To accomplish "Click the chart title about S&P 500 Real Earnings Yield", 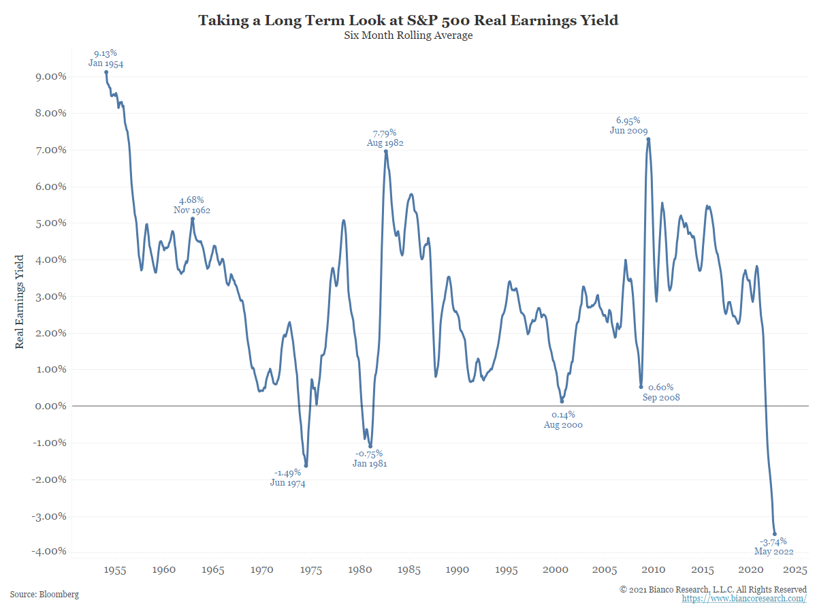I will tap(408, 20).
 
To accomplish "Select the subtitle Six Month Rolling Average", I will tap(408, 36).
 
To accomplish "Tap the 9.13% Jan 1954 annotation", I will tap(106, 58).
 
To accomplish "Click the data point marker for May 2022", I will tap(774, 534).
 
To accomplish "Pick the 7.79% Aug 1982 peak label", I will tap(385, 138).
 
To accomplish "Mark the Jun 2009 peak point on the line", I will tap(648, 139).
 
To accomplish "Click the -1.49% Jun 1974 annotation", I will tap(287, 478).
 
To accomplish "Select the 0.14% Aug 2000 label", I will tap(562, 419).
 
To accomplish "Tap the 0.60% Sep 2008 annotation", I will tap(661, 392).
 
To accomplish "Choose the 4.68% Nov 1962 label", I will tap(191, 205).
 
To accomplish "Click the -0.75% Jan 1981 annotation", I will tap(370, 458).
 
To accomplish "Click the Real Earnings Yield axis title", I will tap(20, 301).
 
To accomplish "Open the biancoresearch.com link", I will tap(744, 599).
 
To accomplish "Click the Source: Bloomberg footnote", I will tap(44, 595).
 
